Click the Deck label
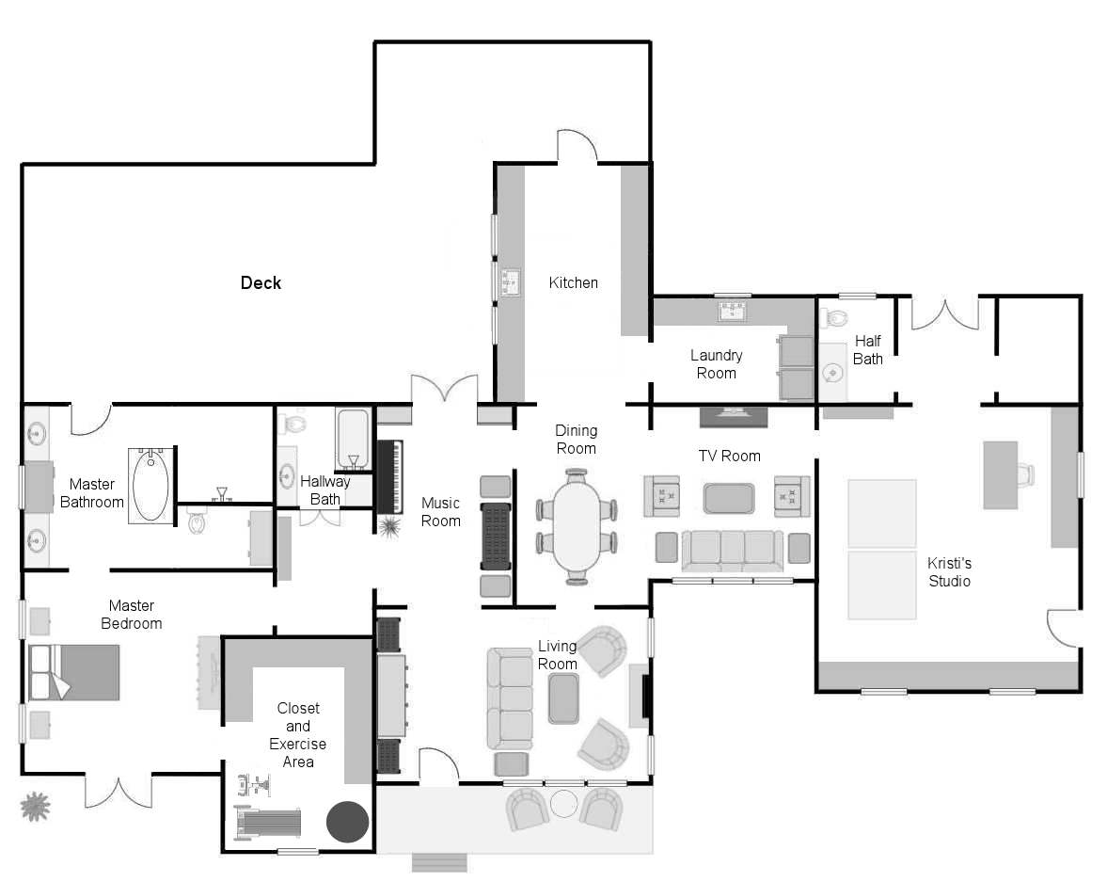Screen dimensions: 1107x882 tap(261, 282)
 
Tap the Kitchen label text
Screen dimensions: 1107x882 tap(574, 282)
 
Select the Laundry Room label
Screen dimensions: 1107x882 tap(716, 364)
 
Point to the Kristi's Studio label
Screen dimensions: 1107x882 tap(949, 571)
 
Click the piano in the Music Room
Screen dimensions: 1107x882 tap(389, 477)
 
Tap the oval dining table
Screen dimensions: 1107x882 tap(577, 526)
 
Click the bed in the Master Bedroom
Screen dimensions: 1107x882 tap(74, 672)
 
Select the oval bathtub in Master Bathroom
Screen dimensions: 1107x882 tap(151, 486)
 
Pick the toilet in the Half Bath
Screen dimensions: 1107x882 tap(834, 317)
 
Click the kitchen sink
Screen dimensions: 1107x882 tap(511, 282)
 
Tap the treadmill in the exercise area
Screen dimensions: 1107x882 tap(267, 823)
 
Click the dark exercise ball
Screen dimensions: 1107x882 tap(347, 821)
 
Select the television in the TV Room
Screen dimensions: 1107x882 tap(733, 417)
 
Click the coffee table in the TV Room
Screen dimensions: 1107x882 tap(729, 498)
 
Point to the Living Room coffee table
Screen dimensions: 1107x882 tap(563, 699)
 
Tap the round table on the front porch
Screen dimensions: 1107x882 tap(563, 804)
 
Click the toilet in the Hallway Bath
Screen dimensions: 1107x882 tap(293, 424)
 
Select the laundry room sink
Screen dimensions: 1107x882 tap(732, 311)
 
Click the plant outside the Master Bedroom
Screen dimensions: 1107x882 tap(36, 807)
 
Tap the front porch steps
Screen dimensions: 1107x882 tap(439, 863)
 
